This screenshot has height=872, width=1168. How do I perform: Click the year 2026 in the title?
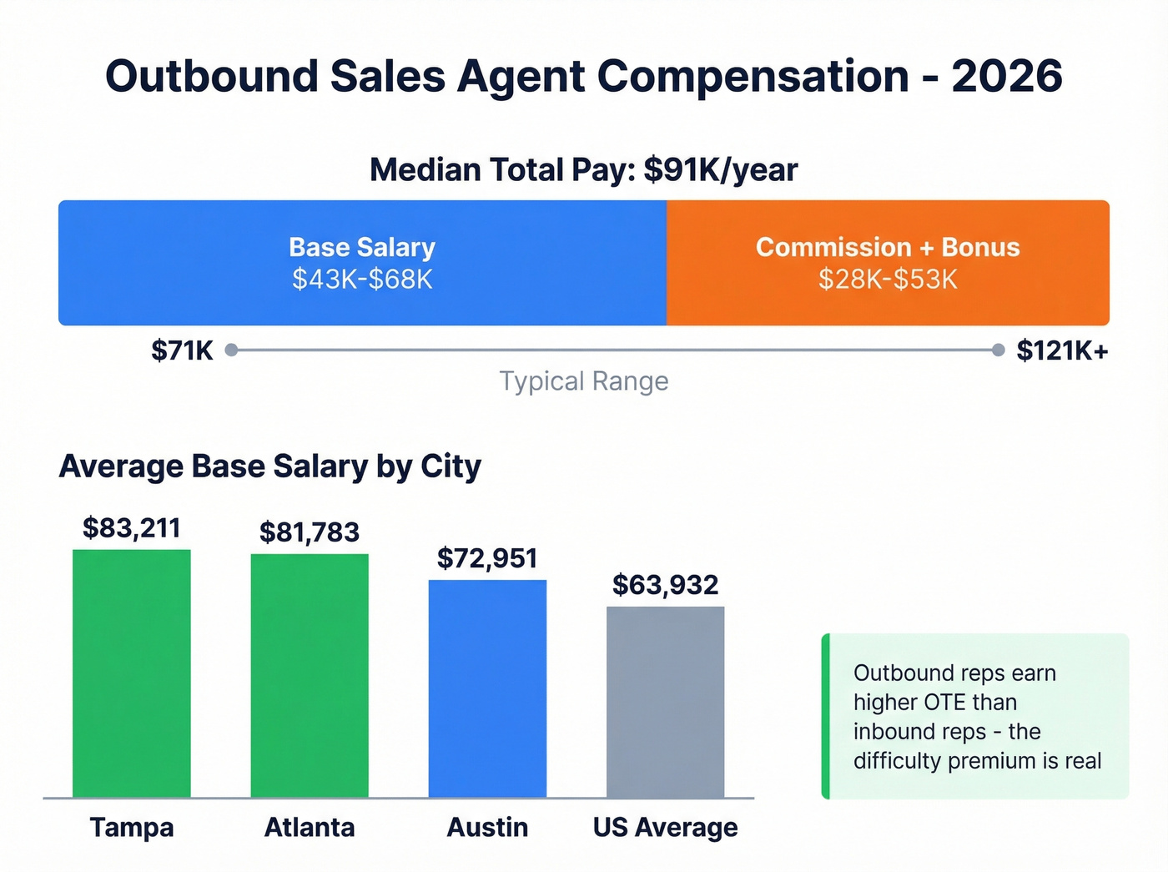pyautogui.click(x=1007, y=77)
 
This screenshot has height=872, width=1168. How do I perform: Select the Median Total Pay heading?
pyautogui.click(x=583, y=169)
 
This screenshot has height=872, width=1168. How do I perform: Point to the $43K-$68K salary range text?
pyautogui.click(x=362, y=280)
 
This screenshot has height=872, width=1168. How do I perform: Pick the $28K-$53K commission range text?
pyautogui.click(x=888, y=280)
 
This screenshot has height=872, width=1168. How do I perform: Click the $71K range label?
pyautogui.click(x=182, y=350)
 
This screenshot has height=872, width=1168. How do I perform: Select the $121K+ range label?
pyautogui.click(x=1062, y=350)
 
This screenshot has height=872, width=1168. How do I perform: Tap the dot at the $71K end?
pyautogui.click(x=232, y=350)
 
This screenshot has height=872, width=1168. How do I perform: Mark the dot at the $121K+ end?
pyautogui.click(x=998, y=350)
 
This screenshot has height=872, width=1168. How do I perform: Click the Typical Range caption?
pyautogui.click(x=583, y=381)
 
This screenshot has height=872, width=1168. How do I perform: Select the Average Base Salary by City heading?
pyautogui.click(x=269, y=466)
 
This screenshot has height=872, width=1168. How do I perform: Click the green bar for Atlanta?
pyautogui.click(x=310, y=675)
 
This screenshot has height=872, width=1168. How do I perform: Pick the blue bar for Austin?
pyautogui.click(x=487, y=688)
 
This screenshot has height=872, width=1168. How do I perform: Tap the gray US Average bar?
pyautogui.click(x=665, y=701)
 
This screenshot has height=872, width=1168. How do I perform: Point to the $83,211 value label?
pyautogui.click(x=132, y=528)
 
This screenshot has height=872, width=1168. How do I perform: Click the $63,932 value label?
pyautogui.click(x=665, y=585)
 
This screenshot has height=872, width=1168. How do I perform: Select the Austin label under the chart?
pyautogui.click(x=487, y=827)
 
